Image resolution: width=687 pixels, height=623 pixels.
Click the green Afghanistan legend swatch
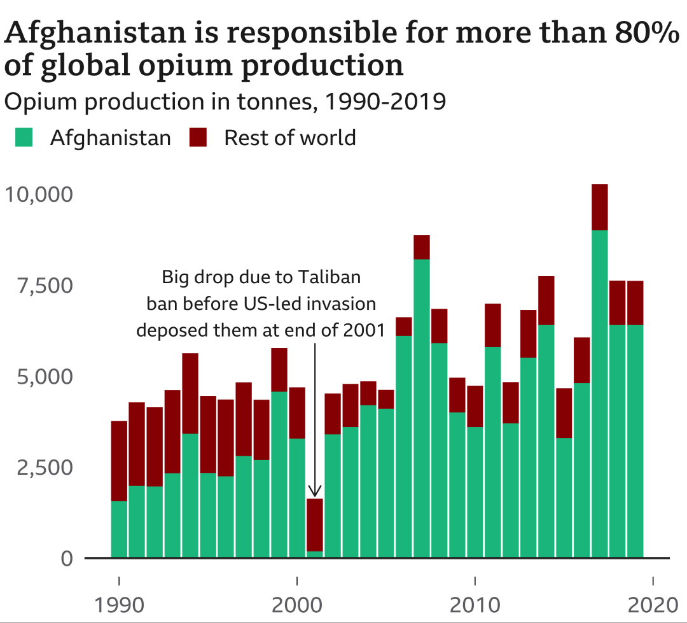click(24, 137)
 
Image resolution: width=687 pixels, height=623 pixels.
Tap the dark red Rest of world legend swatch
click(198, 137)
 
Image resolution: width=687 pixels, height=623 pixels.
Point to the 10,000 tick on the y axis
click(40, 193)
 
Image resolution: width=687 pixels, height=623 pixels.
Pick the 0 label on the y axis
click(66, 559)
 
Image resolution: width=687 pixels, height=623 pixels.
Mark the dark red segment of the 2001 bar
click(314, 525)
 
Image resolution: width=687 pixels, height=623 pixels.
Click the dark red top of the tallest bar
click(599, 207)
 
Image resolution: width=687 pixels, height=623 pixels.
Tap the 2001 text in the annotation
click(364, 330)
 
